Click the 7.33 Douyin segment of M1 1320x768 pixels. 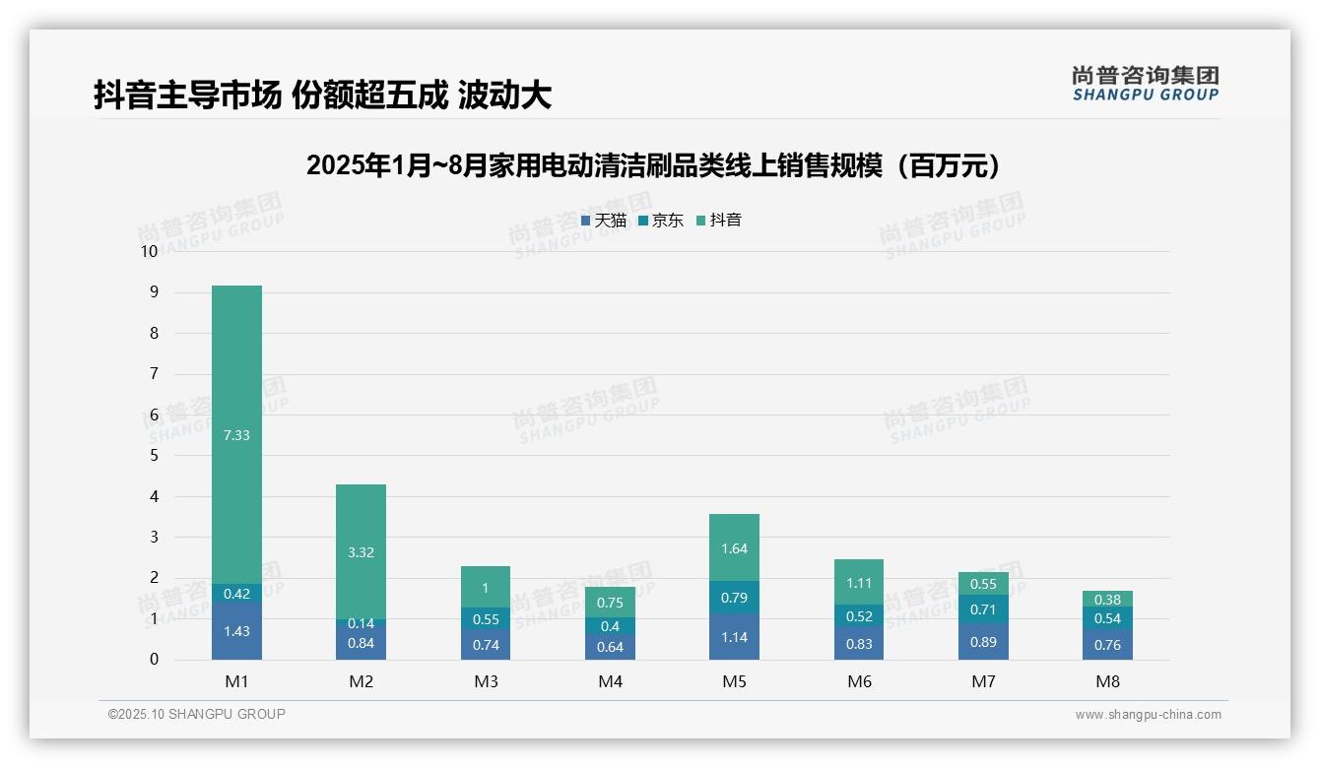click(x=236, y=434)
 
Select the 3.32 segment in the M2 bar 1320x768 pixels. click(x=361, y=551)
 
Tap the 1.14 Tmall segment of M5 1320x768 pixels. click(x=734, y=637)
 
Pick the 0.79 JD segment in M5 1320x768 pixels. click(x=734, y=598)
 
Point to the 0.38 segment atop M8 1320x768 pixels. click(x=1107, y=600)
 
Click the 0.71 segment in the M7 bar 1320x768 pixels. click(x=983, y=609)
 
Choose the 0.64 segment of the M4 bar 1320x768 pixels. click(x=610, y=647)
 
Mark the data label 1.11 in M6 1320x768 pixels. click(x=859, y=583)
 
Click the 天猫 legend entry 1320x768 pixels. click(x=604, y=221)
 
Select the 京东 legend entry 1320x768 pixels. click(x=661, y=221)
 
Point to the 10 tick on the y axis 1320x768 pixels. click(x=149, y=251)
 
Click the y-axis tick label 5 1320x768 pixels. click(x=154, y=456)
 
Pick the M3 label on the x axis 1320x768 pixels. click(x=486, y=681)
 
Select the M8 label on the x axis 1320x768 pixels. click(x=1107, y=681)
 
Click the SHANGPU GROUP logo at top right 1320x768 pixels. click(x=1145, y=84)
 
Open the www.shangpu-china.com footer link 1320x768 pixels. click(x=1148, y=715)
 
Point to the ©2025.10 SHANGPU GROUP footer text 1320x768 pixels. click(x=197, y=714)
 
